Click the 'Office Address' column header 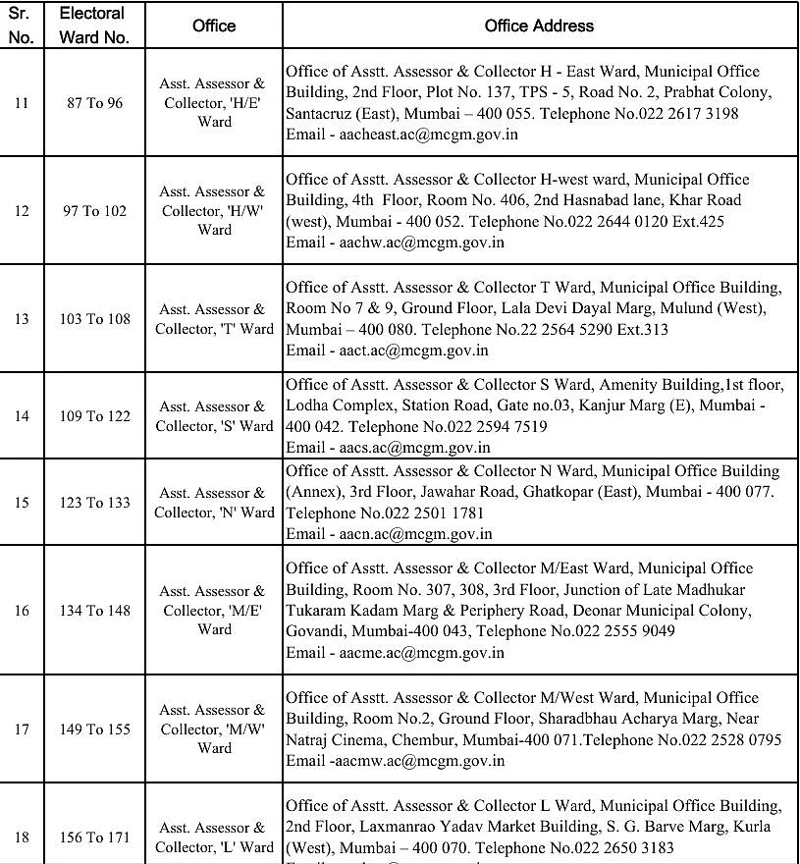[539, 26]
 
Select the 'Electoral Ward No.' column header [92, 26]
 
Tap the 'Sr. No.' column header [22, 26]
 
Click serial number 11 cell [22, 103]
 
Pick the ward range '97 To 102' [95, 211]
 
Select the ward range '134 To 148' [95, 611]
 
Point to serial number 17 [22, 729]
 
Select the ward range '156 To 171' [95, 837]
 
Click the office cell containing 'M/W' [214, 729]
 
